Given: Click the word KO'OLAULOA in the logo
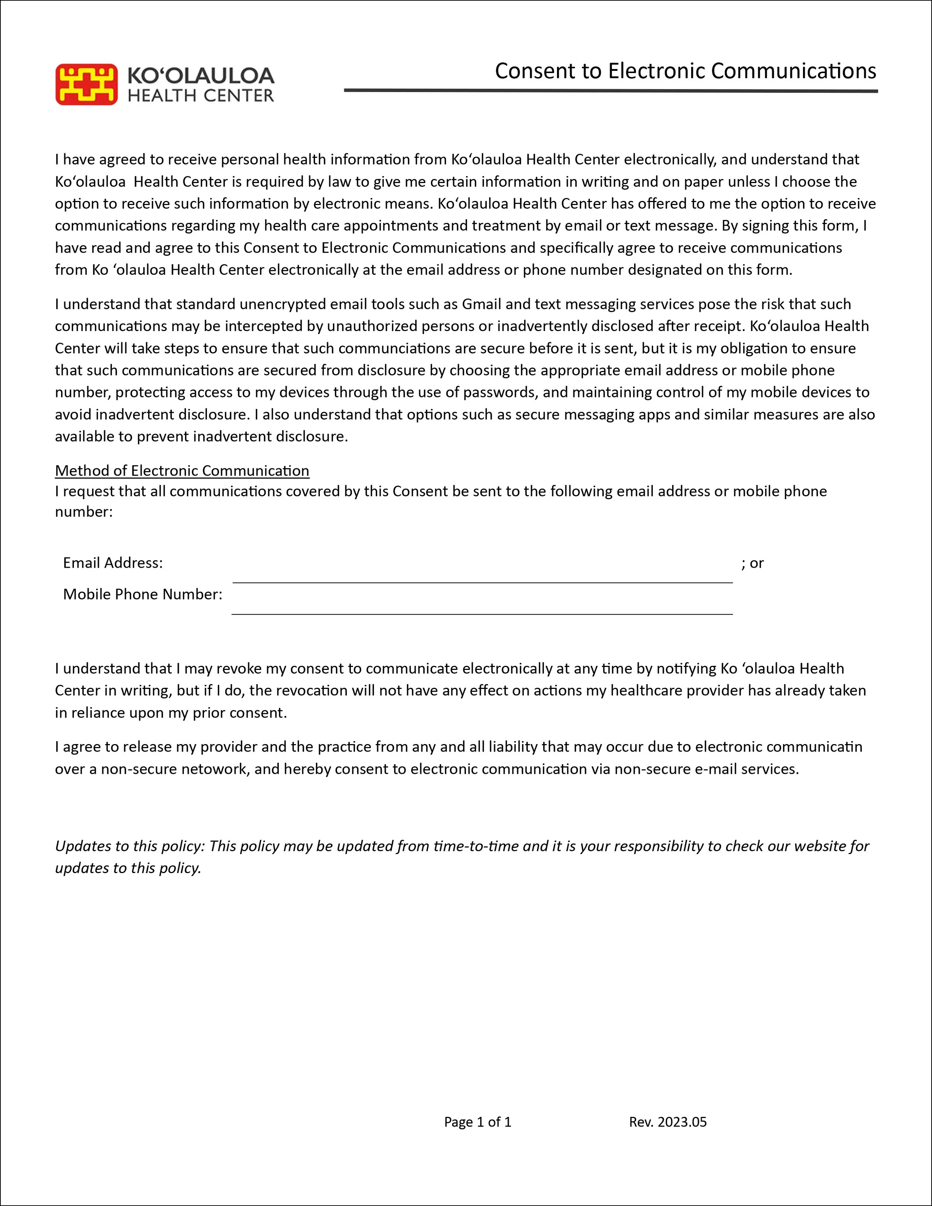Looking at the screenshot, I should pos(201,76).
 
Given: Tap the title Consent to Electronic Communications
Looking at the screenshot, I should pos(685,71).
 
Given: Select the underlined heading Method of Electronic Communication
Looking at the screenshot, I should pos(182,470).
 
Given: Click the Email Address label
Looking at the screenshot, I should pos(113,563).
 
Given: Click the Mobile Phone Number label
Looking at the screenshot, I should pos(142,594).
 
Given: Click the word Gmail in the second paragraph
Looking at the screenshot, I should pos(481,304).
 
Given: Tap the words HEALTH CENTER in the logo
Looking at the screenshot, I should pos(201,95).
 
